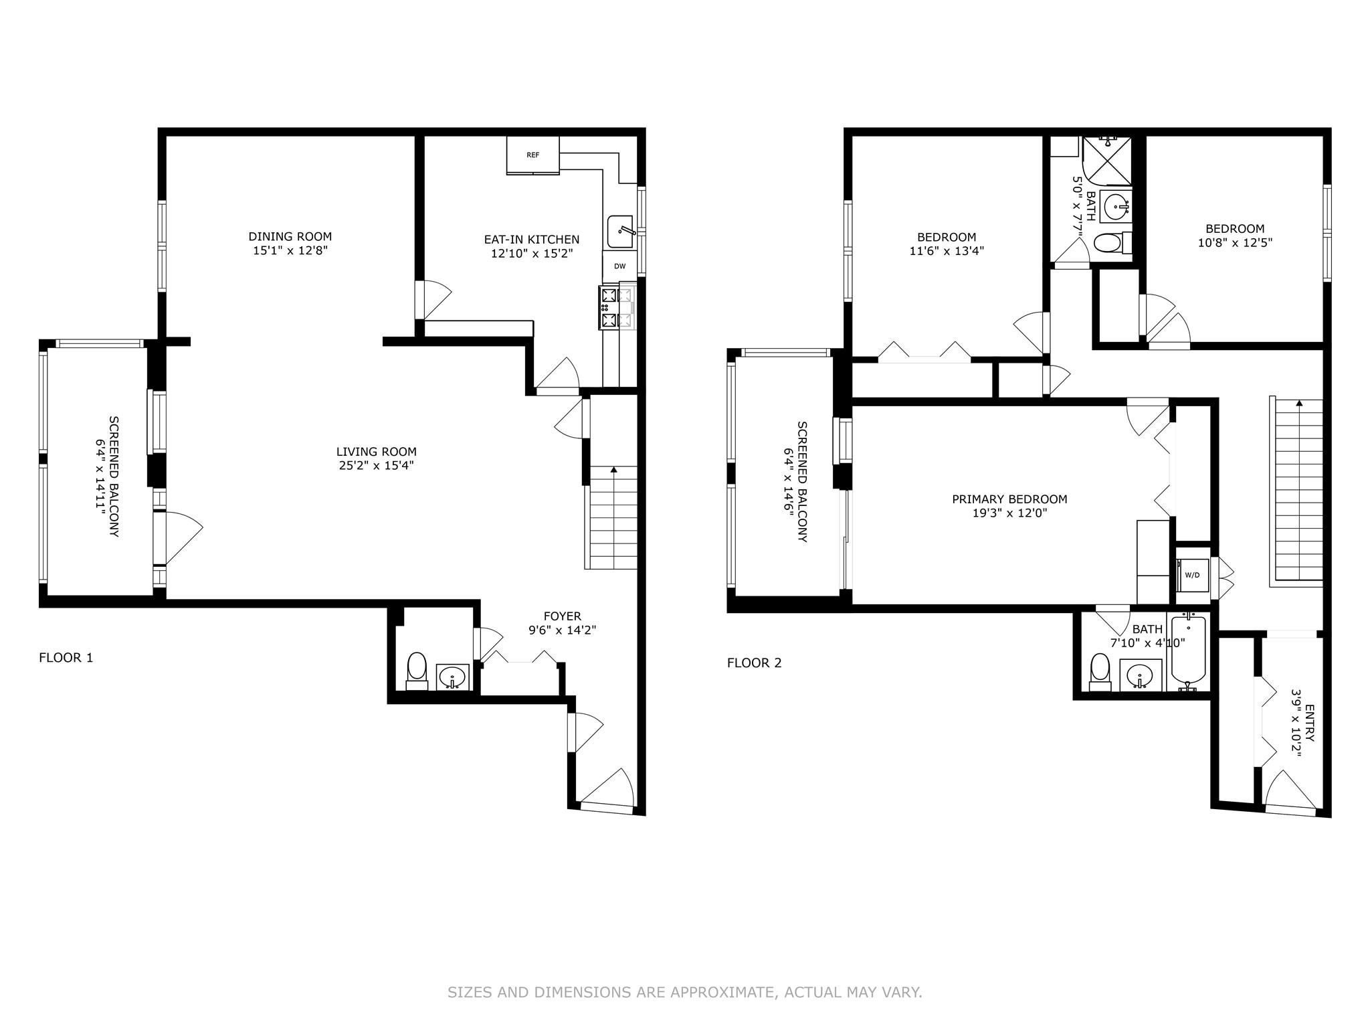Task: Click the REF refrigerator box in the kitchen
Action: coord(532,155)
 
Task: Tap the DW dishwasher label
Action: coord(619,266)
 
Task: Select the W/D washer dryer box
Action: coord(1192,575)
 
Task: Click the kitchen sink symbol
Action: coord(621,232)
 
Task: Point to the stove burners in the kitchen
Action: coord(609,308)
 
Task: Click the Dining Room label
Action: coord(290,236)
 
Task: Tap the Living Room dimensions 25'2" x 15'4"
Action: coord(376,466)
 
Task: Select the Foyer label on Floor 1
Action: coord(562,616)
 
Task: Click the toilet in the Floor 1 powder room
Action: coord(417,670)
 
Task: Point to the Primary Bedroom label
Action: coord(1009,499)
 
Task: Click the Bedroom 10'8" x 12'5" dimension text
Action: coord(1235,243)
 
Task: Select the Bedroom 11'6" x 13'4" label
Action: coord(946,237)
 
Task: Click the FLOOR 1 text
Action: coord(66,657)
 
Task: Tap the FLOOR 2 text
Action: coord(754,663)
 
